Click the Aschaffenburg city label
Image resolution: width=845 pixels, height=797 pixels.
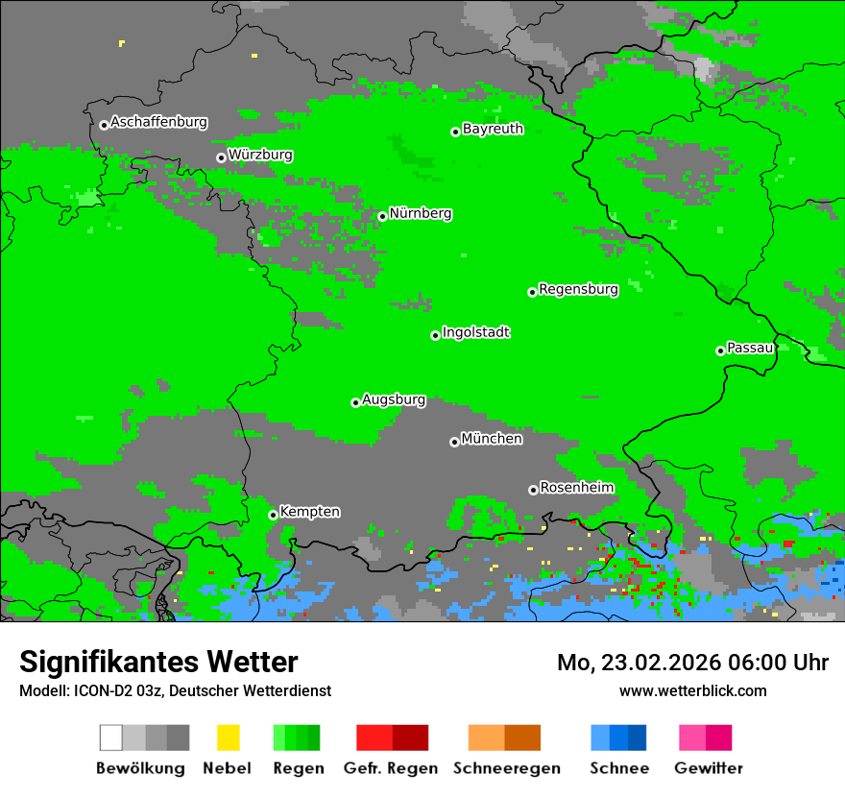pos(158,123)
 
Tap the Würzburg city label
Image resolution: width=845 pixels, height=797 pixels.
pos(260,155)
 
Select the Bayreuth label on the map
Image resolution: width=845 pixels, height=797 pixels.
pos(493,129)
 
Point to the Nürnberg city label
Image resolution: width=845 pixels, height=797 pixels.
pos(421,214)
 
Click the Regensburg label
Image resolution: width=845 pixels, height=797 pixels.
pos(578,289)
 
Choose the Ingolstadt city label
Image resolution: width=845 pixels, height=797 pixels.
pos(476,333)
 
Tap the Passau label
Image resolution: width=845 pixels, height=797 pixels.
pos(750,348)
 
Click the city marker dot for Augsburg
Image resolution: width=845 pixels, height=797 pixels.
pos(355,402)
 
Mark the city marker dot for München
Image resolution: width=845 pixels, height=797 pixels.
pos(454,442)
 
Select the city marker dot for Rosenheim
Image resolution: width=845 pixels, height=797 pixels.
pos(533,490)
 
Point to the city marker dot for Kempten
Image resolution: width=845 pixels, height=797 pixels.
pos(273,515)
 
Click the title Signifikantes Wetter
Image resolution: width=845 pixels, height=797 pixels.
pos(158,663)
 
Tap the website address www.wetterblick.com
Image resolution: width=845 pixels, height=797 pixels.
pos(692,690)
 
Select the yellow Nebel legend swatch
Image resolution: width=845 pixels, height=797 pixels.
pos(228,737)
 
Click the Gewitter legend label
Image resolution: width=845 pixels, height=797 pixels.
pos(708,768)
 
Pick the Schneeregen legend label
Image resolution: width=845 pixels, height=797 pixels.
pos(506,768)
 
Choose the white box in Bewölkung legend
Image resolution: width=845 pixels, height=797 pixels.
pos(111,737)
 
